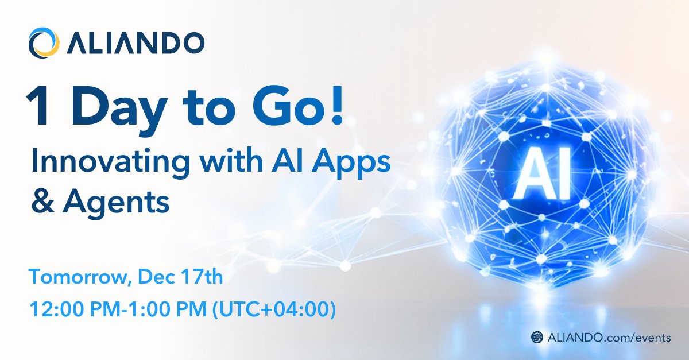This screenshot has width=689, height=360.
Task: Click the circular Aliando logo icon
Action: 44,43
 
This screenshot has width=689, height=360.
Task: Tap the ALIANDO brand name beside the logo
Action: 134,43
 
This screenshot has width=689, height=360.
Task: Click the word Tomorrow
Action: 75,278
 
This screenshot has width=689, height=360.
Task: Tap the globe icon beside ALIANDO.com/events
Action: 537,338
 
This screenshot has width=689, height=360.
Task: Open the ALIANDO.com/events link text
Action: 608,338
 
